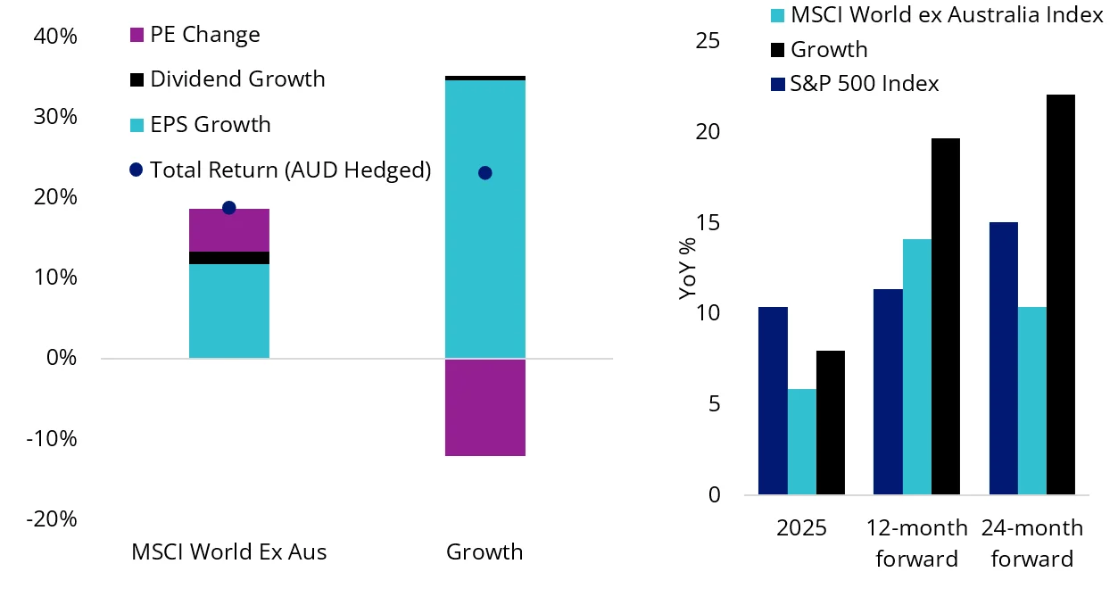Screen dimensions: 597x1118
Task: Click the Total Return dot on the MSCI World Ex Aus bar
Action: (x=228, y=208)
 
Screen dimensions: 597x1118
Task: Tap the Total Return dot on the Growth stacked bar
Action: (x=484, y=173)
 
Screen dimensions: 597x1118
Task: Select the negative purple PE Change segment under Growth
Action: (x=484, y=407)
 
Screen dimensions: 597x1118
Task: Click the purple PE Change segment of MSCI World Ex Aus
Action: (x=228, y=230)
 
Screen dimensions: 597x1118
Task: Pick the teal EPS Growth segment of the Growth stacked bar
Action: (x=484, y=219)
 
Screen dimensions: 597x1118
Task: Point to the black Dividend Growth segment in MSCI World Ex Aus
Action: (x=228, y=258)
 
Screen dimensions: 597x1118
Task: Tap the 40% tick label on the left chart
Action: (x=55, y=37)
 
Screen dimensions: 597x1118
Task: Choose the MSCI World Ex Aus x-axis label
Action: (x=228, y=552)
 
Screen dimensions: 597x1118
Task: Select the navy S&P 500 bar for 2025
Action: (x=773, y=401)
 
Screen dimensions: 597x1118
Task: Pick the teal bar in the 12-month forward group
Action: (x=916, y=367)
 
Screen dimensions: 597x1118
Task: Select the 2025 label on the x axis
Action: (x=801, y=528)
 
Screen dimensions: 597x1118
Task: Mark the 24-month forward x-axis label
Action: (x=1031, y=543)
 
